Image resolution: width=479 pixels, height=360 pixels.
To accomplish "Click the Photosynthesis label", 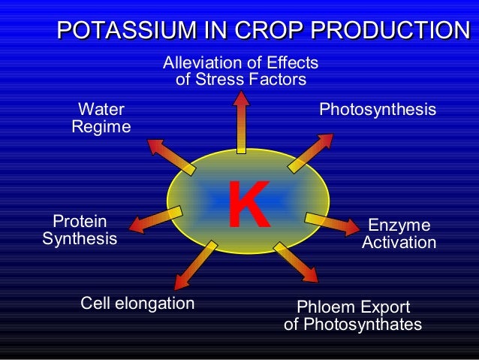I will click(x=378, y=110).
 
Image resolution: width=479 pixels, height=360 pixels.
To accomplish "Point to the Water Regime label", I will click(x=101, y=119).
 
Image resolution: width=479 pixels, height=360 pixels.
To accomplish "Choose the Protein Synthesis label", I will click(x=80, y=230).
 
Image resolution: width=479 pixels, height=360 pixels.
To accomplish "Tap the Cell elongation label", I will click(x=137, y=304).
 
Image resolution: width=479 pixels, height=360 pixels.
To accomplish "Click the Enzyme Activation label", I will click(x=399, y=234).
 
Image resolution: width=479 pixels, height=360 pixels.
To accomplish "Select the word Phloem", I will click(x=324, y=307).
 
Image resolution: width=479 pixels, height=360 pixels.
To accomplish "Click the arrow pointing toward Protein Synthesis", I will click(x=158, y=219).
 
